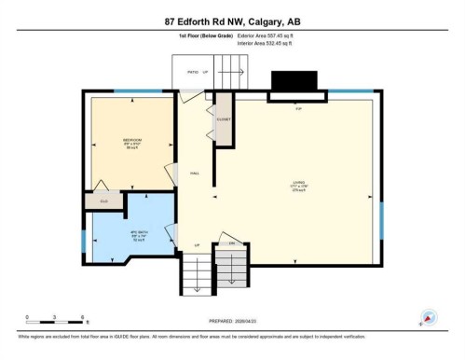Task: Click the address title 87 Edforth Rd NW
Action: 233,21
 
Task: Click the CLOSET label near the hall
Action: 224,119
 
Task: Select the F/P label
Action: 298,109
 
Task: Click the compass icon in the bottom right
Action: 429,317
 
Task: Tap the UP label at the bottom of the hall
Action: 197,244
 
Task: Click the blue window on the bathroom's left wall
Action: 83,240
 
